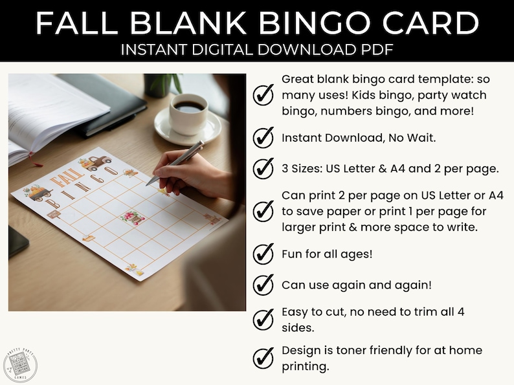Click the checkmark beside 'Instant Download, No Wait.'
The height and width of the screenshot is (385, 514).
coord(263,138)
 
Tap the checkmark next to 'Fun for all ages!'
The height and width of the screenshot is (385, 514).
coord(263,254)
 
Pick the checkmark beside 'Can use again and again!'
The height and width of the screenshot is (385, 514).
coord(263,285)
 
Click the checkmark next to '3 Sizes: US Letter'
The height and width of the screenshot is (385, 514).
coord(263,169)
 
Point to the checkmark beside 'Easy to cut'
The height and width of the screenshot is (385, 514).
coord(263,320)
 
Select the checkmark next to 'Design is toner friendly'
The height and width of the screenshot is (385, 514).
coord(263,358)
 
